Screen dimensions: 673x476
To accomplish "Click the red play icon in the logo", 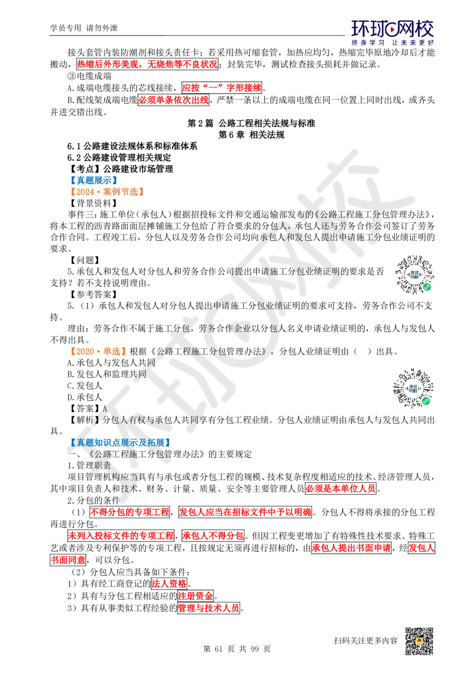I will point(393,30).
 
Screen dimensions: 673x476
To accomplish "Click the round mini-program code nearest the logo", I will point(415,275).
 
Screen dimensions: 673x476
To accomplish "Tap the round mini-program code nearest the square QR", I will point(413,388).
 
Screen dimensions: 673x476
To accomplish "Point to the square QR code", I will point(418,642).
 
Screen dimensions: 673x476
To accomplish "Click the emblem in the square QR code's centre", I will point(419,642).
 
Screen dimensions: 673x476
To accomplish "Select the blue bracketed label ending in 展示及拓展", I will point(120,443).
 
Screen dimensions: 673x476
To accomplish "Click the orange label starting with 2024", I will point(107,192).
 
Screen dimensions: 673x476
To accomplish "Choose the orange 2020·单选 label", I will point(98,352).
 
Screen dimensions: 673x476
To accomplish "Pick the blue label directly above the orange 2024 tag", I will point(94,180).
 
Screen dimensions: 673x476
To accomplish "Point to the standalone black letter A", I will point(105,409).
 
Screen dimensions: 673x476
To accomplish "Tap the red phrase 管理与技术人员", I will point(208,608).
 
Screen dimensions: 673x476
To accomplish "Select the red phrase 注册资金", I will point(195,596).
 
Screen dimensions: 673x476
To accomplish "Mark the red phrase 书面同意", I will point(68,560).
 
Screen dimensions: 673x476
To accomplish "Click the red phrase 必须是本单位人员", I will point(340,488).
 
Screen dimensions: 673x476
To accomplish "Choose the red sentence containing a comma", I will point(147,64).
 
